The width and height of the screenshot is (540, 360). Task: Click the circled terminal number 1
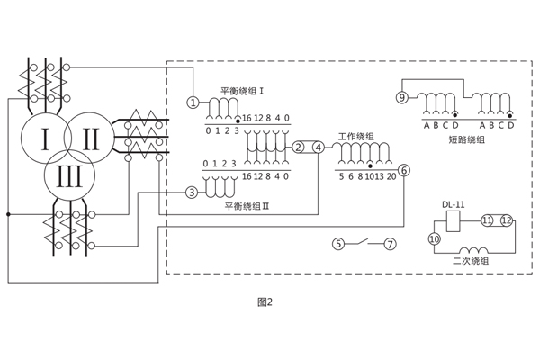pyautogui.click(x=192, y=103)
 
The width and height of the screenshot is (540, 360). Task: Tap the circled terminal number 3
pyautogui.click(x=191, y=193)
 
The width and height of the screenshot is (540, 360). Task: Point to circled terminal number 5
pyautogui.click(x=338, y=244)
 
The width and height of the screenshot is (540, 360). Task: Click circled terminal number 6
pyautogui.click(x=404, y=170)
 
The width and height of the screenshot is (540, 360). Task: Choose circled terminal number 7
pyautogui.click(x=390, y=244)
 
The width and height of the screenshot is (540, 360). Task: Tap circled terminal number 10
pyautogui.click(x=434, y=239)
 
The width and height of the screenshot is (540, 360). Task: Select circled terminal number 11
pyautogui.click(x=487, y=220)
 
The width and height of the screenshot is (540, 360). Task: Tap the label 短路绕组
pyautogui.click(x=465, y=139)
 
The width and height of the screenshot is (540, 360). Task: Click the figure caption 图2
pyautogui.click(x=264, y=302)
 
